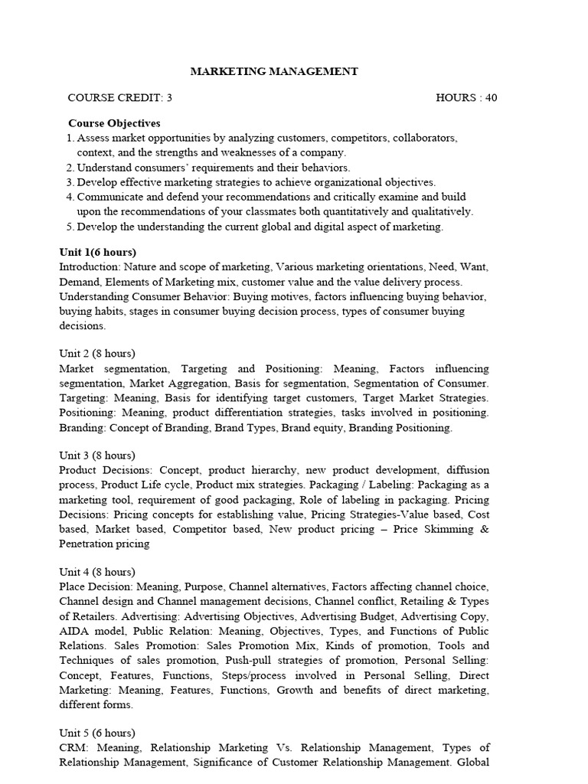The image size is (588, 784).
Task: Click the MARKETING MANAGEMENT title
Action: pyautogui.click(x=273, y=71)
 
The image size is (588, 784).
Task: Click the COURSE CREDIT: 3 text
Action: pyautogui.click(x=120, y=97)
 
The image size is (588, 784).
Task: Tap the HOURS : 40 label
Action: pyautogui.click(x=466, y=97)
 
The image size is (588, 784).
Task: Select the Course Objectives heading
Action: pyautogui.click(x=114, y=122)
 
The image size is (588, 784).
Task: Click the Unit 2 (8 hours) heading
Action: pyautogui.click(x=97, y=353)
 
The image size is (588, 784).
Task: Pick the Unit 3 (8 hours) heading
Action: pyautogui.click(x=97, y=455)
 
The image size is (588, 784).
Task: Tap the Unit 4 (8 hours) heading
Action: pyautogui.click(x=97, y=571)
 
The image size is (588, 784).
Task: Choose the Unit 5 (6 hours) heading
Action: pyautogui.click(x=97, y=732)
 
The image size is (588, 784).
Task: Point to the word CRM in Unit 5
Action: pyautogui.click(x=72, y=747)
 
